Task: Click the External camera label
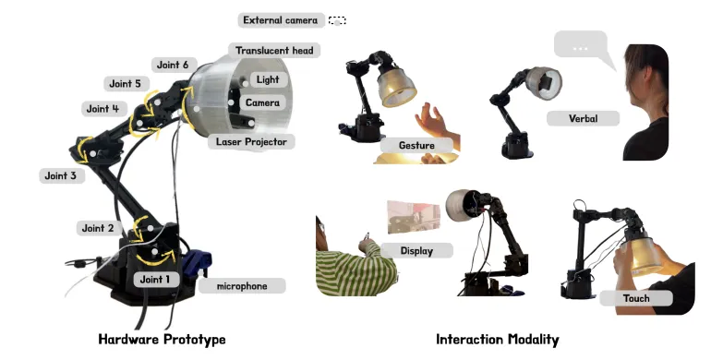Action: coord(281,20)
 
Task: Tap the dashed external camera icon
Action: coord(337,20)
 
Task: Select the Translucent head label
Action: coord(274,50)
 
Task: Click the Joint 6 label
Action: coord(173,65)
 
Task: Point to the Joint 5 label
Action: coord(125,84)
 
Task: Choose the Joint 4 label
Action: coord(102,109)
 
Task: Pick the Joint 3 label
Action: coord(61,175)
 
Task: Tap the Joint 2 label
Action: coord(98,228)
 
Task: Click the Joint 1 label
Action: coord(155,280)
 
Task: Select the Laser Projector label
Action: coord(252,141)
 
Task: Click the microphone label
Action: coord(242,286)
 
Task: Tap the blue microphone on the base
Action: coord(197,264)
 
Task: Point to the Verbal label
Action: coord(584,118)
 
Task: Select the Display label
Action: coord(416,251)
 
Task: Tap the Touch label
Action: coord(636,298)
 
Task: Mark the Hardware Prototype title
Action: coord(163,340)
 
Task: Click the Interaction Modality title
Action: coord(498,340)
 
